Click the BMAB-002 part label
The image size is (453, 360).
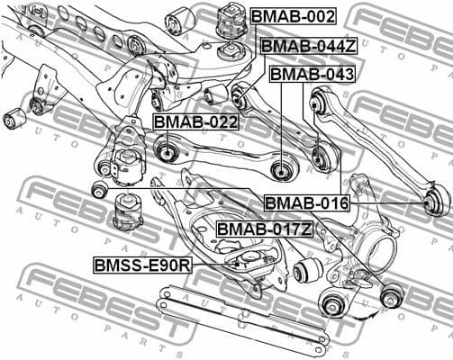tap(293, 17)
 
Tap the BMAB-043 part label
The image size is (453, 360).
tap(312, 74)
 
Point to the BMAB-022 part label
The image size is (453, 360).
tap(195, 121)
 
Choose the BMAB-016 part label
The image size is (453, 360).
tap(305, 203)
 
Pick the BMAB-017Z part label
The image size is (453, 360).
tap(265, 229)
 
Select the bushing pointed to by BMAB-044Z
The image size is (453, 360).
tap(241, 93)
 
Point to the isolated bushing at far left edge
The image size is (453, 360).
tap(14, 117)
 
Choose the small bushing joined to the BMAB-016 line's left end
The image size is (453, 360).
tap(100, 190)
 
